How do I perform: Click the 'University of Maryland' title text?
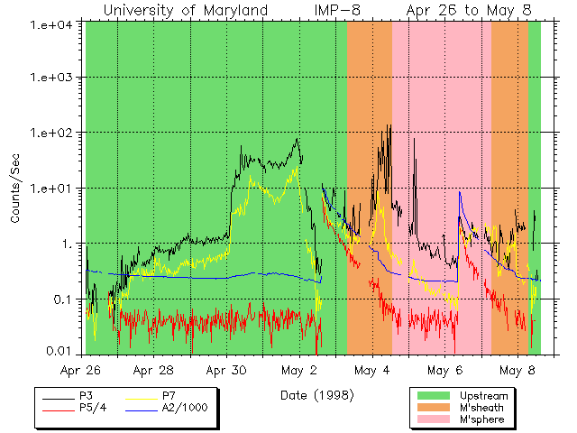pyautogui.click(x=186, y=10)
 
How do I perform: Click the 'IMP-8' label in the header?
pyautogui.click(x=339, y=10)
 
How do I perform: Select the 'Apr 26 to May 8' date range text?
pyautogui.click(x=469, y=10)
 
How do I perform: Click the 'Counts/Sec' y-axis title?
pyautogui.click(x=15, y=190)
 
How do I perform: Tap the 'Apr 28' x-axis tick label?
pyautogui.click(x=152, y=371)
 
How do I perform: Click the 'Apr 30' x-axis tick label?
pyautogui.click(x=225, y=371)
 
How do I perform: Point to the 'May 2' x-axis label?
pyautogui.click(x=299, y=371)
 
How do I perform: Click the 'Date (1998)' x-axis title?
pyautogui.click(x=316, y=395)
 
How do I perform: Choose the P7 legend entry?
pyautogui.click(x=169, y=396)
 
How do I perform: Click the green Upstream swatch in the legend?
pyautogui.click(x=434, y=396)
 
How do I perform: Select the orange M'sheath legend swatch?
pyautogui.click(x=434, y=408)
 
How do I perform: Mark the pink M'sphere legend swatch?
pyautogui.click(x=434, y=419)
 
